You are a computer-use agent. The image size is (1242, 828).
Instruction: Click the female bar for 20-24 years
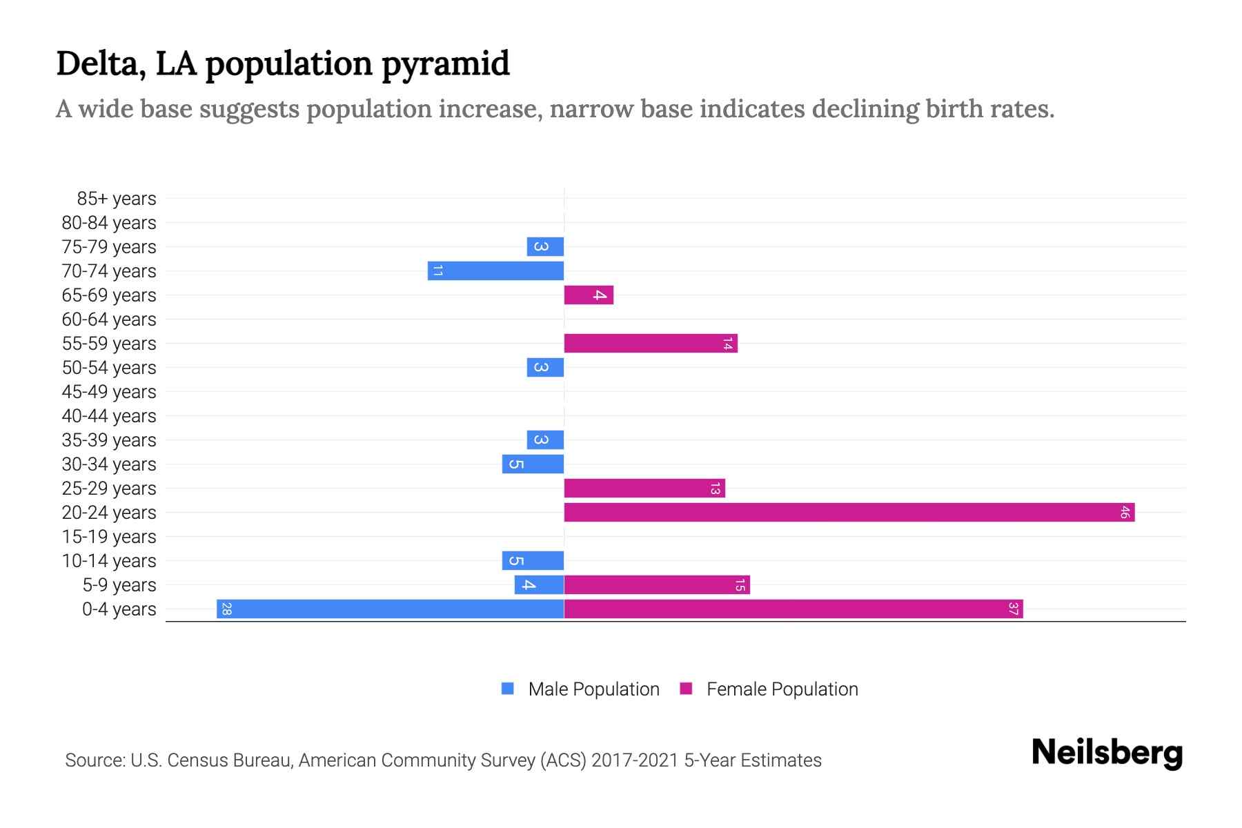[x=849, y=512]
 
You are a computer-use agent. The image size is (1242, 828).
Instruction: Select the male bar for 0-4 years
[x=390, y=609]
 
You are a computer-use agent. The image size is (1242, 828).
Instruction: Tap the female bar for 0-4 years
[x=793, y=609]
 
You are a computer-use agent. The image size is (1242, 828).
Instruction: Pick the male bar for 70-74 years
[x=495, y=270]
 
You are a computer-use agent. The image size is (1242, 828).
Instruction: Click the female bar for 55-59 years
[x=651, y=343]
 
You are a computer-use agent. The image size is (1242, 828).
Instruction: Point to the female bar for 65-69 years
[x=589, y=295]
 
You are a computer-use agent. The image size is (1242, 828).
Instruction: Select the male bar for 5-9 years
[x=539, y=584]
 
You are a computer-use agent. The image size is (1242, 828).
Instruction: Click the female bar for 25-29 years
[x=644, y=488]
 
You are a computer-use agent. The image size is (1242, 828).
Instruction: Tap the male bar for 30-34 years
[x=533, y=464]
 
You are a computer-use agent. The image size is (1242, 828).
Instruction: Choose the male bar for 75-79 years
[x=545, y=246]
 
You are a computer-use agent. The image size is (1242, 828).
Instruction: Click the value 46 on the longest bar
[x=1125, y=512]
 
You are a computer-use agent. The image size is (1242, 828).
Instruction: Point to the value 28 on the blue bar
[x=226, y=609]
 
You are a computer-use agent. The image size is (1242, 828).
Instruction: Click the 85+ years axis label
[x=117, y=199]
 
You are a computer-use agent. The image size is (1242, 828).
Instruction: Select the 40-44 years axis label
[x=109, y=416]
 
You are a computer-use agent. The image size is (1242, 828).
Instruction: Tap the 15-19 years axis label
[x=109, y=537]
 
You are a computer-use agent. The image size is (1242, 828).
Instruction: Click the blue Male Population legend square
[x=508, y=689]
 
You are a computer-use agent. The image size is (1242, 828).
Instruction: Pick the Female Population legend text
[x=782, y=689]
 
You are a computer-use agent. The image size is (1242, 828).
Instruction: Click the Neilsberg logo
[x=1107, y=753]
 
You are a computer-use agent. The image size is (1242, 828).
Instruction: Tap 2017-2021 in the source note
[x=635, y=760]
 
